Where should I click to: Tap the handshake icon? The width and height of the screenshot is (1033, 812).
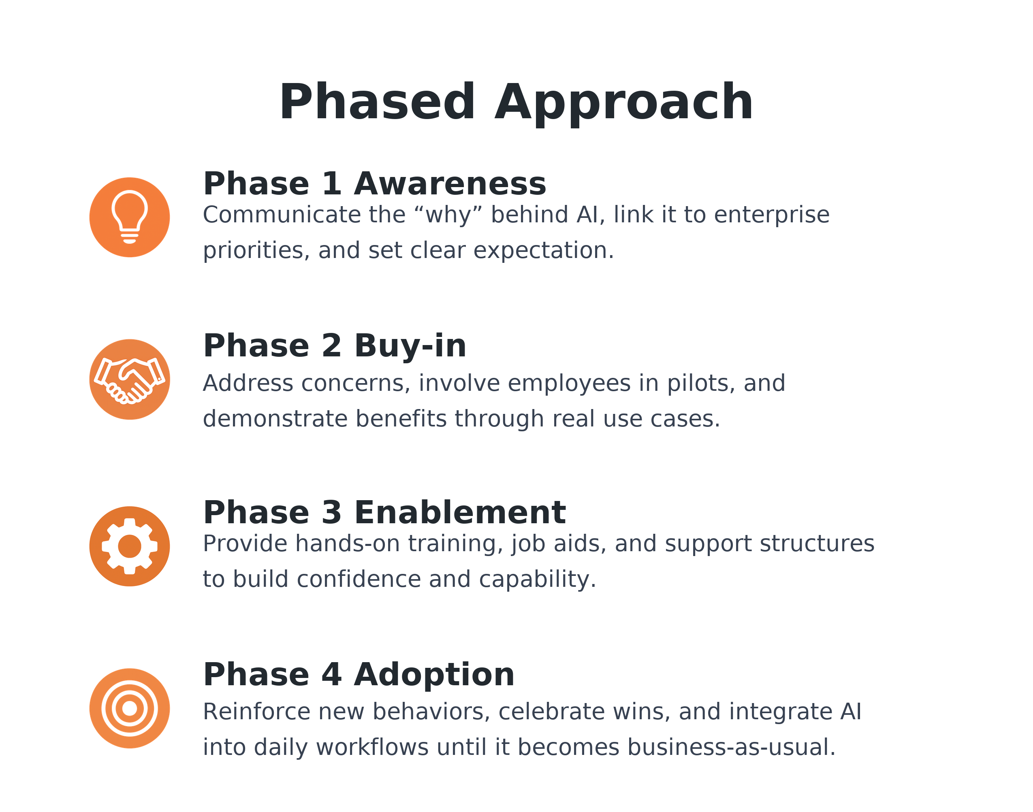click(129, 381)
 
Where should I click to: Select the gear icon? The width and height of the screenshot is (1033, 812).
click(129, 546)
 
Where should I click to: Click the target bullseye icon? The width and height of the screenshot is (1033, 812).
click(129, 708)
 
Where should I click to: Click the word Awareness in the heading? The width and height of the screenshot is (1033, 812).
click(450, 184)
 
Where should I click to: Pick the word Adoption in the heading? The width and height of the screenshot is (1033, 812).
click(434, 675)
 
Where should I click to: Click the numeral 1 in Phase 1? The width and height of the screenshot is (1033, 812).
click(331, 184)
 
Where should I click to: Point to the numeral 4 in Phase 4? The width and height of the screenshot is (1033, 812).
click(331, 675)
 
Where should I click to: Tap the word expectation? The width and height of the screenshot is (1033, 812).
click(540, 251)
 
